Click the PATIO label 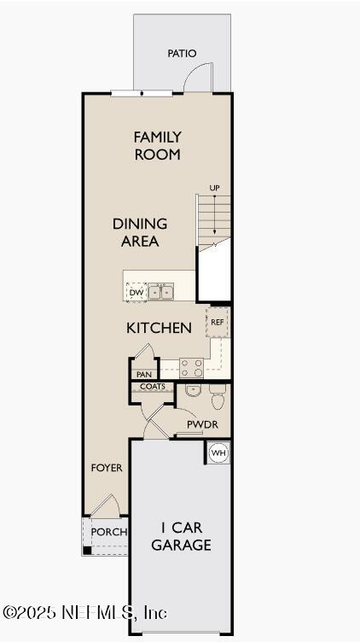click(x=182, y=54)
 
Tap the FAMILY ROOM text click(x=157, y=146)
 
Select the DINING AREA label click(x=139, y=232)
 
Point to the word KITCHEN click(x=159, y=328)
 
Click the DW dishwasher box click(x=136, y=293)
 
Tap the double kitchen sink click(x=161, y=293)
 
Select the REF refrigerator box click(x=218, y=323)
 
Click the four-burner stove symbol click(x=192, y=367)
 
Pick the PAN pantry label click(x=143, y=374)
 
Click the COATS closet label click(x=153, y=387)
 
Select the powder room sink click(x=192, y=392)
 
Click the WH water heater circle click(x=218, y=452)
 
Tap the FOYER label click(x=107, y=468)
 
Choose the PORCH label click(x=108, y=532)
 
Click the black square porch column click(x=87, y=550)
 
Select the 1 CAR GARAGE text click(x=181, y=537)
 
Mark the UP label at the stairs click(x=215, y=188)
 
